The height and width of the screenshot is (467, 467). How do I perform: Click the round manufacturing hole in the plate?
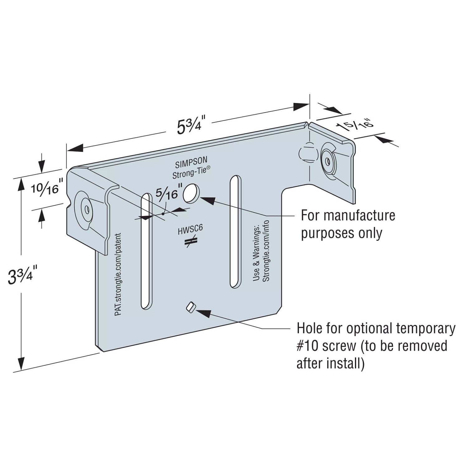(191, 193)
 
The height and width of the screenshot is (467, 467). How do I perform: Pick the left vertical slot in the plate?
(146, 251)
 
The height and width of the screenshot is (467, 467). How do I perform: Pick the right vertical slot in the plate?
(235, 232)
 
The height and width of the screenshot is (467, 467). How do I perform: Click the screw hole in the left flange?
(85, 209)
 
